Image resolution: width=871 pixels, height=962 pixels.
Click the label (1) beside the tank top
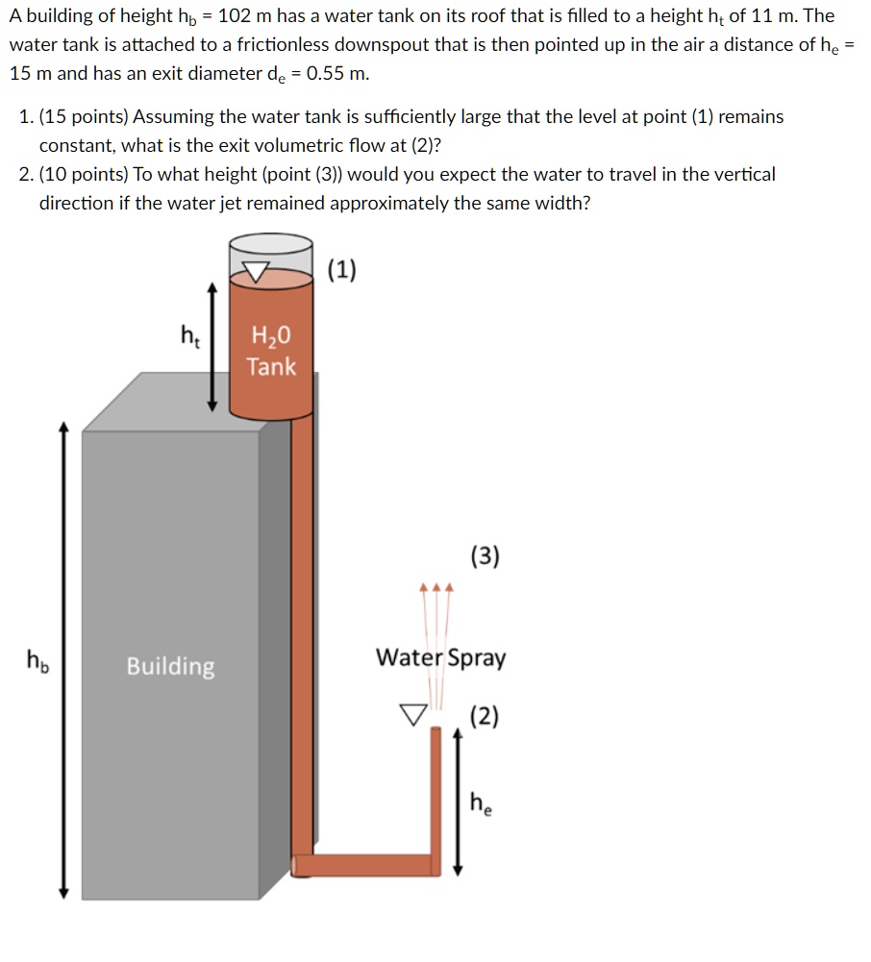tap(342, 270)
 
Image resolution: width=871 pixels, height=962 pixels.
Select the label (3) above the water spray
tap(485, 555)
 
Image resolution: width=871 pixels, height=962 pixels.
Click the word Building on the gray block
tap(171, 666)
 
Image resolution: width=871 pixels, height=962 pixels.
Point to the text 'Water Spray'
tap(440, 658)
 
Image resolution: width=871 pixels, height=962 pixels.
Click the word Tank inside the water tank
tap(271, 366)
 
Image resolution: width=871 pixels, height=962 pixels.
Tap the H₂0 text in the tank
tap(270, 336)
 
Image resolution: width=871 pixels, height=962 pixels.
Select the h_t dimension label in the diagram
tap(190, 335)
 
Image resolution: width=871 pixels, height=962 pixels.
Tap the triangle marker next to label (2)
tap(413, 714)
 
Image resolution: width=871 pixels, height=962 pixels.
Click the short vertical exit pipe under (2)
tap(435, 798)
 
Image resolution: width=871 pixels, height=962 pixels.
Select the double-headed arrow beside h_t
tap(213, 347)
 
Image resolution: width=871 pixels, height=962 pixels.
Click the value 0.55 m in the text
tap(337, 74)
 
